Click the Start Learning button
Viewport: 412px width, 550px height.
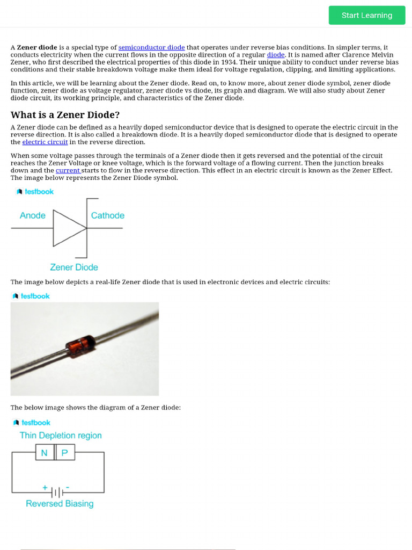367,15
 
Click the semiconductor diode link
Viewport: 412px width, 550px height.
151,47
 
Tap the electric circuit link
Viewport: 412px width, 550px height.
45,142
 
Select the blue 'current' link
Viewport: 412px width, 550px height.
68,170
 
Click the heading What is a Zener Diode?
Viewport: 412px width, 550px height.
65,115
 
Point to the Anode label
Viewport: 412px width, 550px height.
33,215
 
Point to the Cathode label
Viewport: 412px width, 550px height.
108,215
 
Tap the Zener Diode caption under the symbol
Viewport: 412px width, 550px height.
74,267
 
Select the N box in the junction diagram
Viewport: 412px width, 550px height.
45,453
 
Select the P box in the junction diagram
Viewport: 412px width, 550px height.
65,453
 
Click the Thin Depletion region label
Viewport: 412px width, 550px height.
61,435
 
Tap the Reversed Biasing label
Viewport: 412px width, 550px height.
60,503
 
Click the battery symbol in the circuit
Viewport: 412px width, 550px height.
57,492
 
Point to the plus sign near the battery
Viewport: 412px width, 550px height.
45,488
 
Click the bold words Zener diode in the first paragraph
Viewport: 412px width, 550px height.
37,47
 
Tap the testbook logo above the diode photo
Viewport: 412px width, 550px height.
31,296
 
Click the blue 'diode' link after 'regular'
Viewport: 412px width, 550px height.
276,55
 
